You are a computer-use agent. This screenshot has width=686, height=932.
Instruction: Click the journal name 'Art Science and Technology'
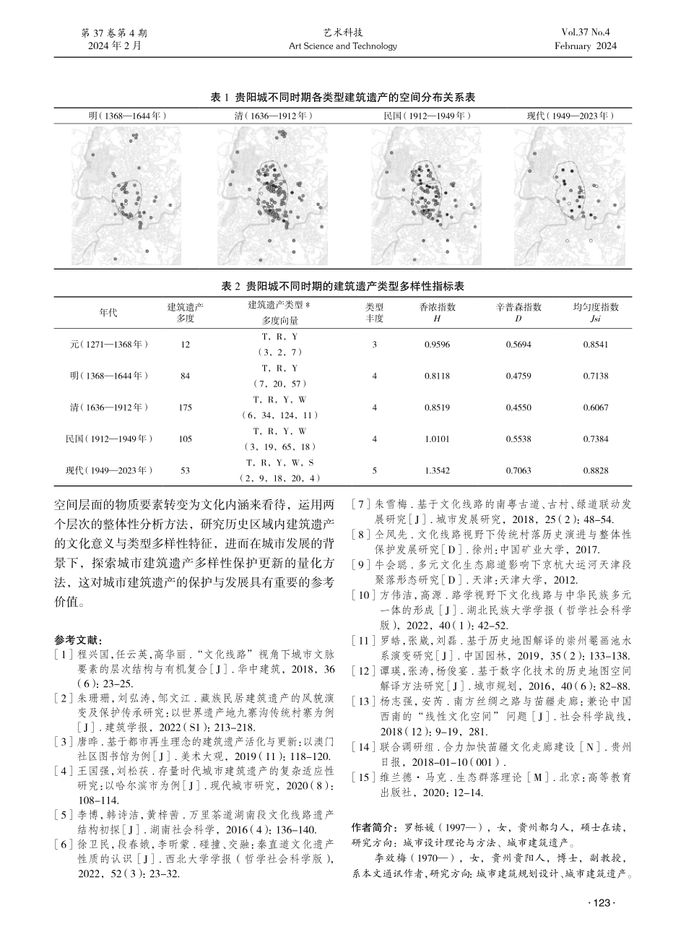tap(342, 46)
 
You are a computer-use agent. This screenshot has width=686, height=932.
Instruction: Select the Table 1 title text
tap(342, 97)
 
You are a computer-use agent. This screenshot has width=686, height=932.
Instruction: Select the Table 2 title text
tap(342, 286)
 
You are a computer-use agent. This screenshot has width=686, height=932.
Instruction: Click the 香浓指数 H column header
tap(438, 312)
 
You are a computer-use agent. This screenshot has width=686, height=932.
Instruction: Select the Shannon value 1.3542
tap(438, 470)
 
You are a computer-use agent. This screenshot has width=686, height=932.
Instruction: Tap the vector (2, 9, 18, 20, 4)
tap(280, 478)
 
